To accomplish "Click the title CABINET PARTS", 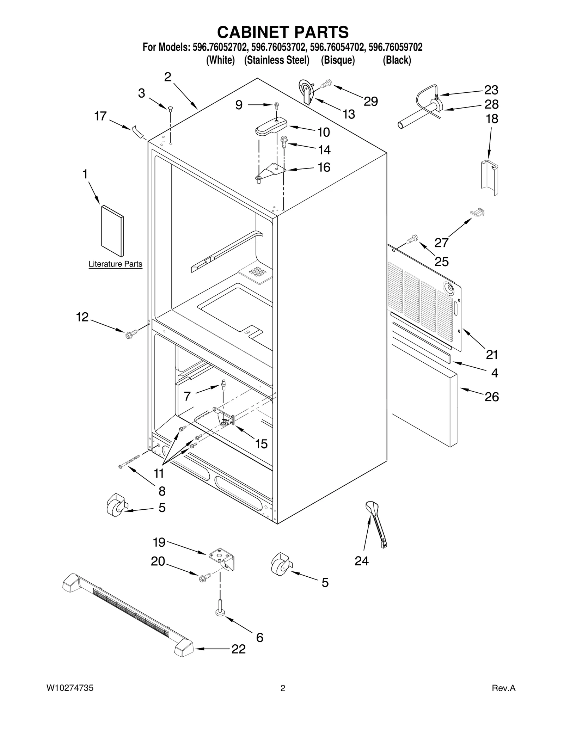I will click(x=283, y=32).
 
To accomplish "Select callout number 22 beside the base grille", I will click(x=238, y=649).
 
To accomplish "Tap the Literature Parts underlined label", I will click(x=115, y=264).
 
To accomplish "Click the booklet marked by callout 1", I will click(x=112, y=231).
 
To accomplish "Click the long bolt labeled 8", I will click(x=130, y=461).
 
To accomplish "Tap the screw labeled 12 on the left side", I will click(x=129, y=334).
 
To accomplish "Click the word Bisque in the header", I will click(x=338, y=60).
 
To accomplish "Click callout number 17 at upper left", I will click(x=100, y=116).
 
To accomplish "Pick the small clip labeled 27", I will click(x=478, y=212).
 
